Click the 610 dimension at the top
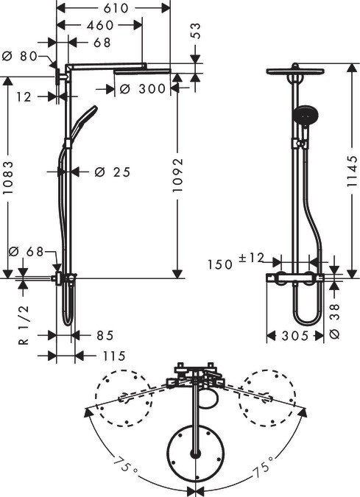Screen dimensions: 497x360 click(113, 8)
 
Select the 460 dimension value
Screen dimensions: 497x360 click(99, 26)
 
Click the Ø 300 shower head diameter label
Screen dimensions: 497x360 click(141, 90)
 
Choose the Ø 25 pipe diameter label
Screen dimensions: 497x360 click(113, 172)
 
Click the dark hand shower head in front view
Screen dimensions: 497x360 click(302, 115)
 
